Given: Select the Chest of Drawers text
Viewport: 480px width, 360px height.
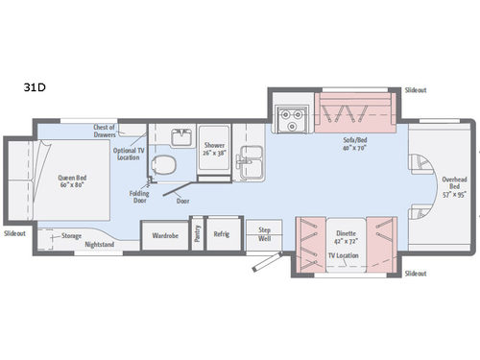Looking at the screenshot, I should (x=104, y=132).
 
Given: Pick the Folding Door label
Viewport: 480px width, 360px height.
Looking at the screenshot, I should (x=140, y=196).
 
